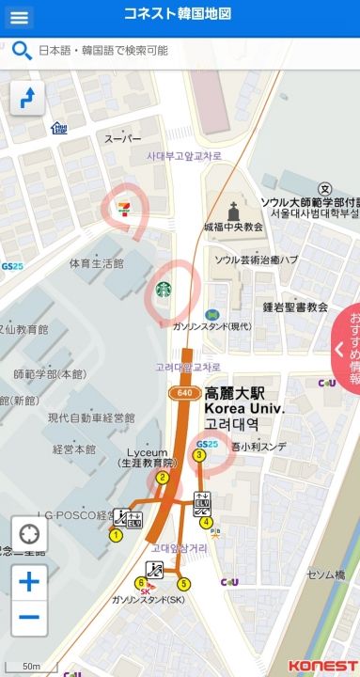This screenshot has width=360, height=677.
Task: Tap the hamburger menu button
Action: (19, 17)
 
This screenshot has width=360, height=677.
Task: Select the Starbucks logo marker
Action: (164, 288)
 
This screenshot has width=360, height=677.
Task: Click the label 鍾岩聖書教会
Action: (295, 307)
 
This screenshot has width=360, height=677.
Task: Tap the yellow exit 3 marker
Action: (199, 455)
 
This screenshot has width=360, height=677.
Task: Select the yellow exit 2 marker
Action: (162, 478)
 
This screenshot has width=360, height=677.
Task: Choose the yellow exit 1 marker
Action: (116, 535)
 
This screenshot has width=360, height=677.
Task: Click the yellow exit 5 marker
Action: (183, 584)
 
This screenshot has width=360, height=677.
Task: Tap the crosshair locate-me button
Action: (28, 535)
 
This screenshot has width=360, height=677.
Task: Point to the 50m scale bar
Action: (31, 666)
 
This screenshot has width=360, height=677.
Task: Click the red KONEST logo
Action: (322, 666)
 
